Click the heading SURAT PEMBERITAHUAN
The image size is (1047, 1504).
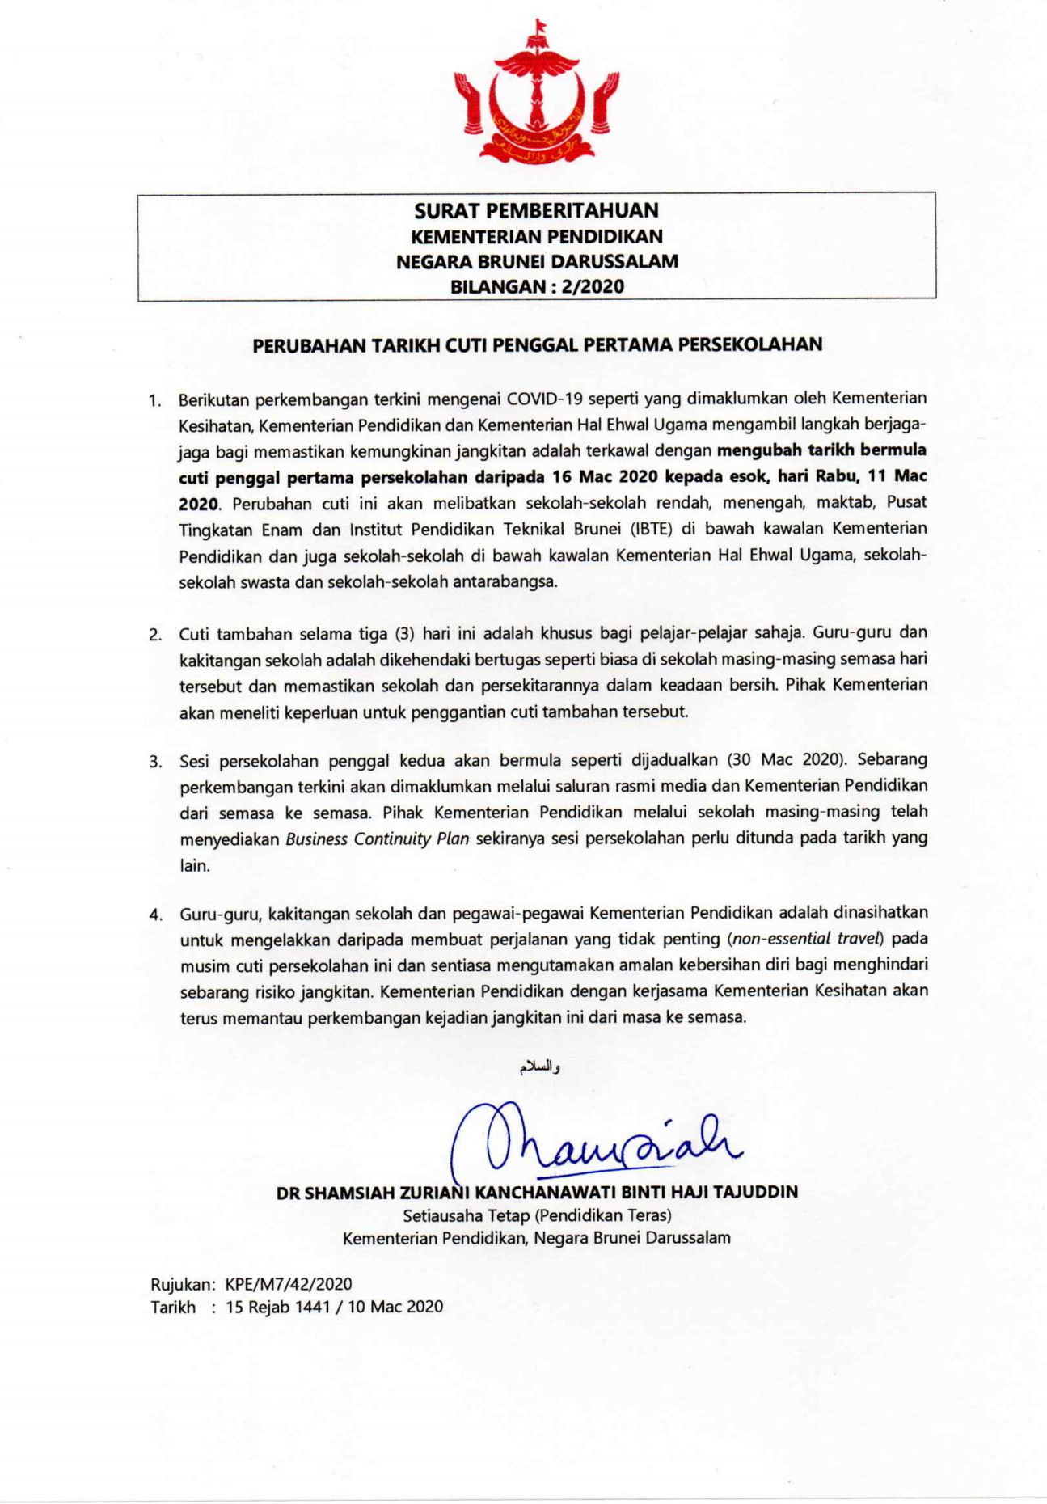coord(536,211)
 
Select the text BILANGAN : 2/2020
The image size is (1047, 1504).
coord(536,286)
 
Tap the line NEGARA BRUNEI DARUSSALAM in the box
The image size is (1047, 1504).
coord(536,261)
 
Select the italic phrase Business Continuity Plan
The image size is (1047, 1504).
coord(378,839)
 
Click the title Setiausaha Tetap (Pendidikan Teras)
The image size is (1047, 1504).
coord(537,1215)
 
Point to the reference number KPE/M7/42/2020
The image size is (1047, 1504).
coord(289,1284)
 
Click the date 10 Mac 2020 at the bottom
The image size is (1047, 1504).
coord(395,1307)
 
